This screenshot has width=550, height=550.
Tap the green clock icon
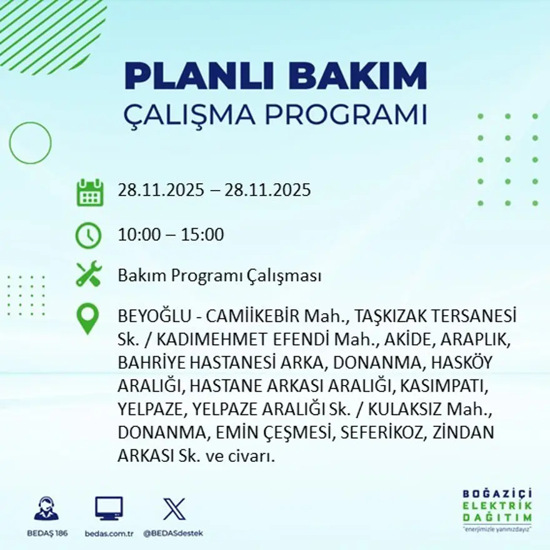pos(88,236)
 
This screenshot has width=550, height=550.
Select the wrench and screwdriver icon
pos(88,274)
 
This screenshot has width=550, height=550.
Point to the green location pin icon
pos(87,318)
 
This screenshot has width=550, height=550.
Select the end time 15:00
pos(202,235)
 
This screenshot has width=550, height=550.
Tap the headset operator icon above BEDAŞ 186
pos(46,509)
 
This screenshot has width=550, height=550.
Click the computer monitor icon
pos(109,509)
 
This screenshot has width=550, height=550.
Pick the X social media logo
pos(174,509)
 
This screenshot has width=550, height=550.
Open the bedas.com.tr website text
pos(109,533)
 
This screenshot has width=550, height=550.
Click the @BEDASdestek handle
pos(173,533)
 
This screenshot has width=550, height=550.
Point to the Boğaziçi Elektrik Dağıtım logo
pos(497,509)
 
